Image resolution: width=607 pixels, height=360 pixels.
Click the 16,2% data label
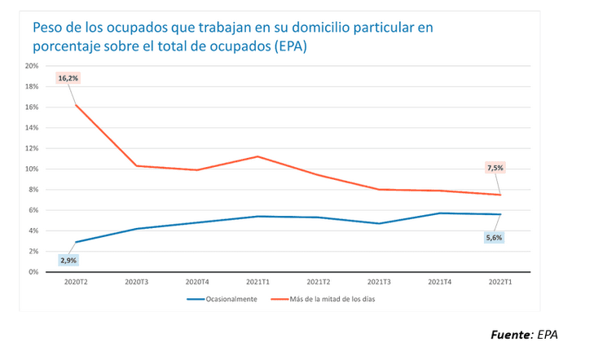(x=67, y=78)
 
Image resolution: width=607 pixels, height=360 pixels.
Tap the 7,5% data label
(x=495, y=168)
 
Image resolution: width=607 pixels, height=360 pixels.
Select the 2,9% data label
(x=68, y=261)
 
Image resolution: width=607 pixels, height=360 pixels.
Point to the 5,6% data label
(x=494, y=238)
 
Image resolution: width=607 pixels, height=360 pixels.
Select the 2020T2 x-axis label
(x=76, y=282)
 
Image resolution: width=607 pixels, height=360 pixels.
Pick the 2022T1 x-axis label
(x=500, y=282)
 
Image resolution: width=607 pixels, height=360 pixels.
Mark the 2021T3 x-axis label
(x=379, y=282)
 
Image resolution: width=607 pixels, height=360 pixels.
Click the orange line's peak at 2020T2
(x=76, y=105)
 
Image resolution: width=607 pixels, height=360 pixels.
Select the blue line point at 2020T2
(x=76, y=242)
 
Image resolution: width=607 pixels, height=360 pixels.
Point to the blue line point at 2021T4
(x=440, y=213)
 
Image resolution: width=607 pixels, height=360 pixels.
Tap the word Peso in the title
(x=50, y=28)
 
